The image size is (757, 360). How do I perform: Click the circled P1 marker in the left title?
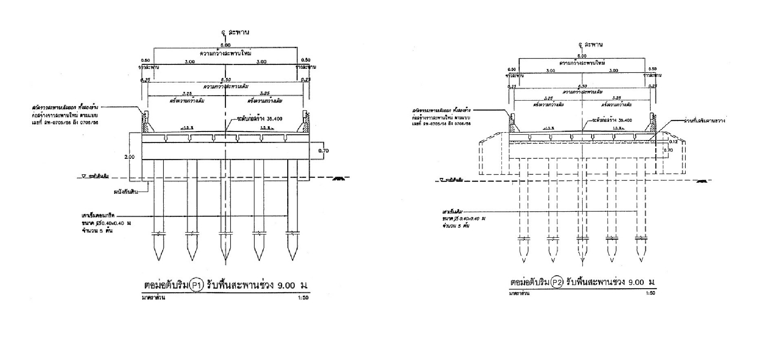click(x=196, y=285)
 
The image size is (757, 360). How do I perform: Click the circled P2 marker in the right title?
click(x=557, y=282)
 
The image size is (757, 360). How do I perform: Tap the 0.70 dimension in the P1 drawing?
click(x=323, y=151)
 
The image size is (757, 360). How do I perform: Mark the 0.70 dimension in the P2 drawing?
click(x=669, y=150)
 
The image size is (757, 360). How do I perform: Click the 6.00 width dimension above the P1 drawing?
click(x=225, y=45)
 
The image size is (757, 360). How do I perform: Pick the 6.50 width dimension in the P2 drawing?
click(x=582, y=86)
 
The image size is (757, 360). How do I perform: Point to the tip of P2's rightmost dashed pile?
click(x=641, y=261)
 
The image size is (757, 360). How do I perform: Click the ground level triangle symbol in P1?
click(x=83, y=177)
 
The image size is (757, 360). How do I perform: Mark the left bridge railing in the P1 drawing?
click(x=145, y=121)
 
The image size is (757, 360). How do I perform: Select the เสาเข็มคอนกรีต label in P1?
click(x=99, y=216)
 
